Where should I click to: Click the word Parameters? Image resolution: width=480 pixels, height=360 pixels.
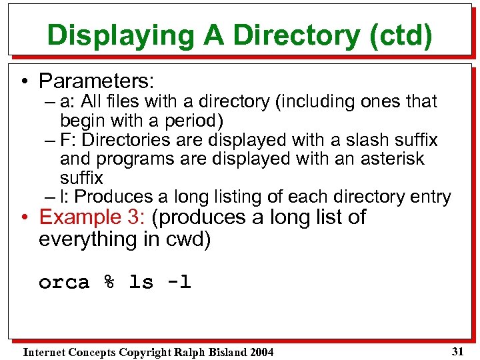click(97, 81)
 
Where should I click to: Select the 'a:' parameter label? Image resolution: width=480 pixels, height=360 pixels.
click(67, 102)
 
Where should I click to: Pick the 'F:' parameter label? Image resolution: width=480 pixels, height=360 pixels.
click(67, 140)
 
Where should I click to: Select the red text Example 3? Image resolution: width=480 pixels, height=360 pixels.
click(95, 218)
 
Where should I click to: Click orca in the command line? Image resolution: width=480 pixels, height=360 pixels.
click(63, 283)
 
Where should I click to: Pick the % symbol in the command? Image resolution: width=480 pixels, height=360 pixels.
click(108, 283)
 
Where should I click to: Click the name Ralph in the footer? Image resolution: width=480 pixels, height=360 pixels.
click(188, 352)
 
